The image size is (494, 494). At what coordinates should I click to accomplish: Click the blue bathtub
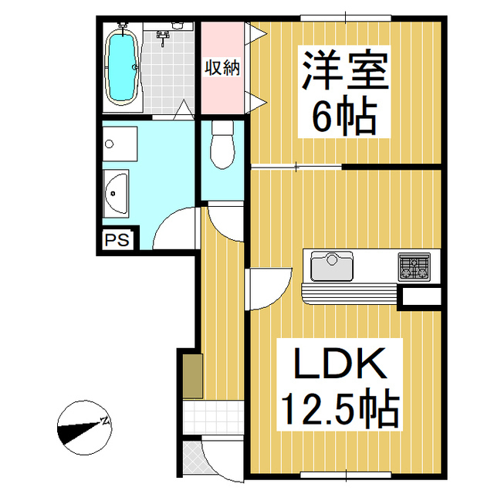[x=121, y=66]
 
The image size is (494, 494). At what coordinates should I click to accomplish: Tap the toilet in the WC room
[x=222, y=146]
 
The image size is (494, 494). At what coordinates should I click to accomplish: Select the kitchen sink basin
[x=331, y=267]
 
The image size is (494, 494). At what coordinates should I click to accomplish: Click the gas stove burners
[x=414, y=267]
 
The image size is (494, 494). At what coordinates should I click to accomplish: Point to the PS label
[x=117, y=240]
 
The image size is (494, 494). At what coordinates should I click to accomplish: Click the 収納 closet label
[x=222, y=67]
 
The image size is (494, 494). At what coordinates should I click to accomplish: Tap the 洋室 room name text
[x=343, y=72]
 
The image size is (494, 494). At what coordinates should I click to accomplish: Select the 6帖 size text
[x=343, y=117]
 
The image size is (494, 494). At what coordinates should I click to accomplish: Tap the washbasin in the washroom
[x=116, y=192]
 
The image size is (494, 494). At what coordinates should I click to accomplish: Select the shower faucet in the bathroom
[x=164, y=36]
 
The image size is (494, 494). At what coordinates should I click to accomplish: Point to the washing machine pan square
[x=120, y=142]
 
